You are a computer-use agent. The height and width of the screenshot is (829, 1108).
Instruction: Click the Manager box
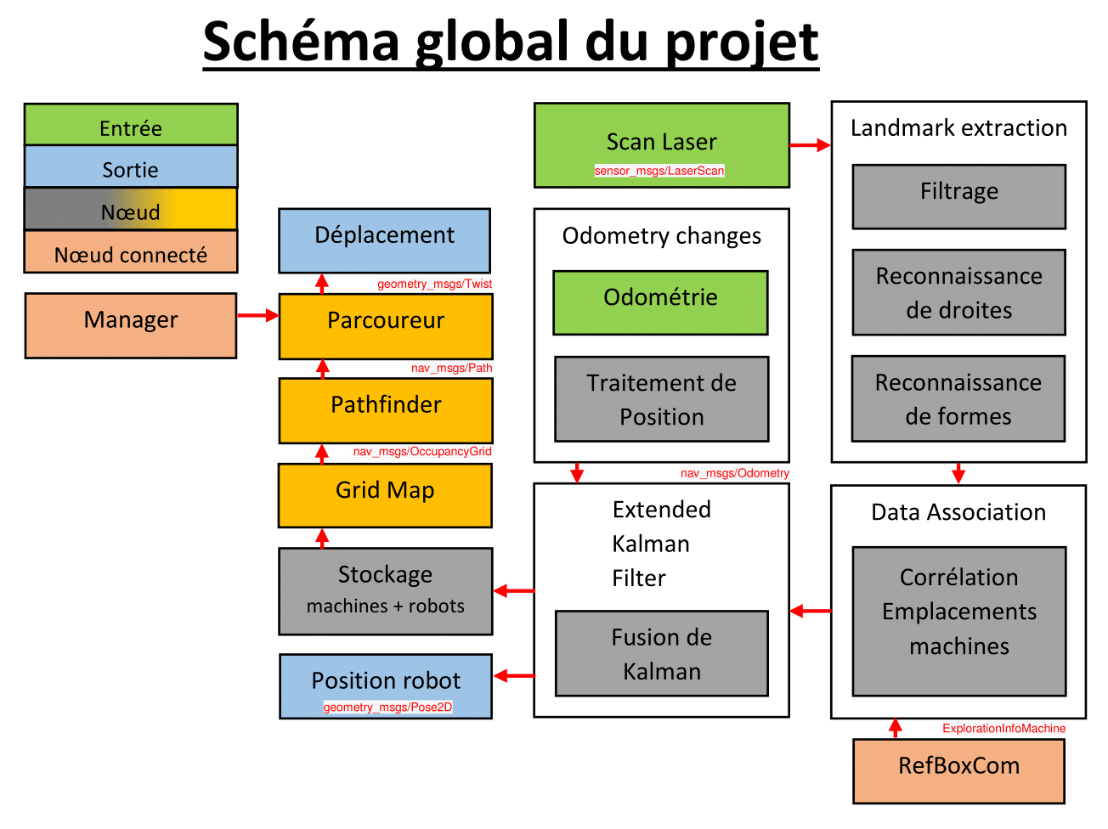pos(131,325)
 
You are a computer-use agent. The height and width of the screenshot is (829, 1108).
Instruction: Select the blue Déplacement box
pos(385,240)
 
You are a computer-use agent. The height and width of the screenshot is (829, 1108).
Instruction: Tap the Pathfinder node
pos(386,410)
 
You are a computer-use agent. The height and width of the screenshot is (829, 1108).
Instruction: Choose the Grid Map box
pos(385,495)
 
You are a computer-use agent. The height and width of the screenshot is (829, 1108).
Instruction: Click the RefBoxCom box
pos(958,770)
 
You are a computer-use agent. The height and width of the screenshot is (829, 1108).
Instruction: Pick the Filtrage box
pos(958,196)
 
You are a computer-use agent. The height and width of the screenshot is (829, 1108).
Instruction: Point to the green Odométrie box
pos(660,302)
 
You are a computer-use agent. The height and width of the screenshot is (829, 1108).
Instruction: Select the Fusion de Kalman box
pos(661,653)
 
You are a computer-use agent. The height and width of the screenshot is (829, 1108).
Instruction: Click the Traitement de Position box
pos(661,399)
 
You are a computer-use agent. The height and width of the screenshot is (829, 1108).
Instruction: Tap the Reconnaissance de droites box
pos(958,292)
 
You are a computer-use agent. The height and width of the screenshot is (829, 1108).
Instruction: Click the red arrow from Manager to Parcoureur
pos(258,316)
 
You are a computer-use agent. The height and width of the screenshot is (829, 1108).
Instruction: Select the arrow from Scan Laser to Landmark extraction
pos(810,145)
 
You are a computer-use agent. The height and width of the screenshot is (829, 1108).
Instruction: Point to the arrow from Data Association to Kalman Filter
pos(810,611)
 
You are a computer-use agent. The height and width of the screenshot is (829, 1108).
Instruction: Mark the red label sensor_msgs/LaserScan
pos(659,171)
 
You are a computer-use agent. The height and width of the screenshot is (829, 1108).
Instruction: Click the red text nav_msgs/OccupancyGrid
pos(422,452)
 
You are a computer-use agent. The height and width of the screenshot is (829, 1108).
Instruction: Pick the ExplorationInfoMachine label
pos(1003,729)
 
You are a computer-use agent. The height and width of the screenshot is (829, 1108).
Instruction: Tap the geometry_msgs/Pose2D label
pos(387,708)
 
